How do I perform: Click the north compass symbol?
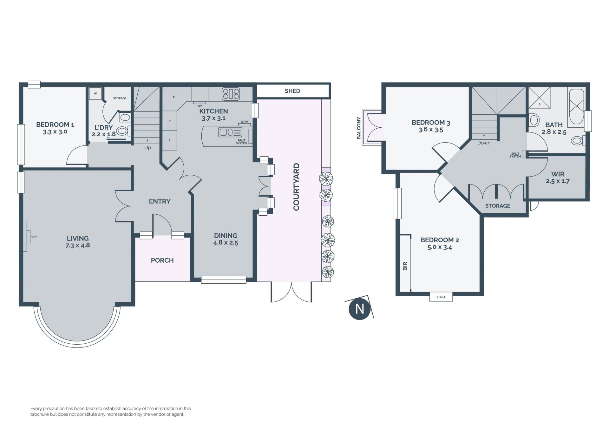pyautogui.click(x=359, y=308)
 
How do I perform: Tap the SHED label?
pyautogui.click(x=292, y=91)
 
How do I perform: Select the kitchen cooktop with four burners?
pyautogui.click(x=231, y=94)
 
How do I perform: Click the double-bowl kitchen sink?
pyautogui.click(x=230, y=132)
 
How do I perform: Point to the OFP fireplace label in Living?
pyautogui.click(x=34, y=237)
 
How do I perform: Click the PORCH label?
pyautogui.click(x=162, y=260)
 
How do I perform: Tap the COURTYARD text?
pyautogui.click(x=297, y=187)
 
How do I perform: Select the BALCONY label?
pyautogui.click(x=359, y=128)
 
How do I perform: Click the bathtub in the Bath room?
pyautogui.click(x=576, y=108)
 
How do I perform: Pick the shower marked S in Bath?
pyautogui.click(x=539, y=98)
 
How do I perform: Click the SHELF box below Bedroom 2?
pyautogui.click(x=441, y=297)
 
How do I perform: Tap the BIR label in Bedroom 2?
pyautogui.click(x=405, y=266)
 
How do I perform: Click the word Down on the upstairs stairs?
pyautogui.click(x=484, y=143)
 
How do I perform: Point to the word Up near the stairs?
pyautogui.click(x=147, y=148)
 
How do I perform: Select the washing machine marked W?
pyautogui.click(x=95, y=93)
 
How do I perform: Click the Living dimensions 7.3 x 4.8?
pyautogui.click(x=78, y=246)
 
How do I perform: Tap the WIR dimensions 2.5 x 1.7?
pyautogui.click(x=558, y=181)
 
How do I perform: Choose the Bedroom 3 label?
pyautogui.click(x=431, y=123)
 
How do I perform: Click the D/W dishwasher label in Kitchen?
pyautogui.click(x=244, y=122)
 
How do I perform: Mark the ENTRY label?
pyautogui.click(x=160, y=201)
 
